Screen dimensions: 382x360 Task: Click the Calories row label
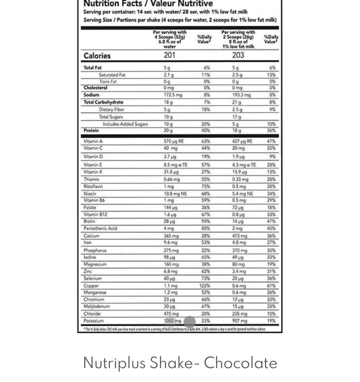tap(97, 56)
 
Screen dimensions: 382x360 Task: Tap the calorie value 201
tap(170, 55)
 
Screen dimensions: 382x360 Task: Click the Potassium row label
tap(93, 321)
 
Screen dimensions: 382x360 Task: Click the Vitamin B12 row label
tap(95, 214)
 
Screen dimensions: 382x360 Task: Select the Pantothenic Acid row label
tap(100, 228)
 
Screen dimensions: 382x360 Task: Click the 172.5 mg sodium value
tap(173, 95)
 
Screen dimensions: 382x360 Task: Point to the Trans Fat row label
tap(107, 81)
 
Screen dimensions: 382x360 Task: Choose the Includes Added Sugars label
tap(125, 124)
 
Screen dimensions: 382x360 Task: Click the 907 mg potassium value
tap(240, 321)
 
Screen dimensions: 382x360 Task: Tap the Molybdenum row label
tap(97, 306)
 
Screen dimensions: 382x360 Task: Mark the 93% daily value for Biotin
tap(206, 221)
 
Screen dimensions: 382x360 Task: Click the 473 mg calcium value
tap(240, 236)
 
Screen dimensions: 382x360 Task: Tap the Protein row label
tap(91, 130)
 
